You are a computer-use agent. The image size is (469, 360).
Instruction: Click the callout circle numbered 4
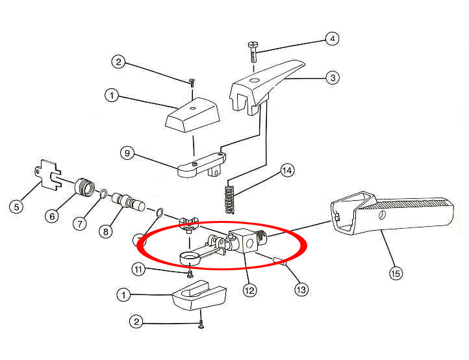tap(333, 38)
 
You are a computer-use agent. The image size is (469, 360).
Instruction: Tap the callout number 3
tap(333, 78)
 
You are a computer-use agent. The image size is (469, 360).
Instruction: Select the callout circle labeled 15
tap(396, 273)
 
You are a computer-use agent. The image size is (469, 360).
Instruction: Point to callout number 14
tap(287, 170)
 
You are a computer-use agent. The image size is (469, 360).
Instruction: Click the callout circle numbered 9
tap(127, 153)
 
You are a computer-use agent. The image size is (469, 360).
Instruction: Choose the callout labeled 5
tap(16, 207)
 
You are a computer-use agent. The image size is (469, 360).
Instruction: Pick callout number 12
tap(249, 290)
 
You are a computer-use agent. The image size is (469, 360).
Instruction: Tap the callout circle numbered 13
tap(301, 289)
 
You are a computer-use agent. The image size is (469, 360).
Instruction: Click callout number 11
tap(138, 269)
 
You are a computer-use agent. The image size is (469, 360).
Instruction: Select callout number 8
tap(106, 231)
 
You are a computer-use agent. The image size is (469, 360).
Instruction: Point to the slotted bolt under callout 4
tap(253, 51)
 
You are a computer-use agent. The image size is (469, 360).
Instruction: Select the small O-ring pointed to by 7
tap(102, 194)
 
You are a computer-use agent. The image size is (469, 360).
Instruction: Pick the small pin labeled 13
tap(280, 261)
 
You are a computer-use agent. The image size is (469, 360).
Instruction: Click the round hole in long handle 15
tap(381, 214)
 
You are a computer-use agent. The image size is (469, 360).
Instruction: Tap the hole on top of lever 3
tap(254, 80)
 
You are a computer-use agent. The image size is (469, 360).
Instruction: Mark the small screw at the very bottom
tap(201, 324)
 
